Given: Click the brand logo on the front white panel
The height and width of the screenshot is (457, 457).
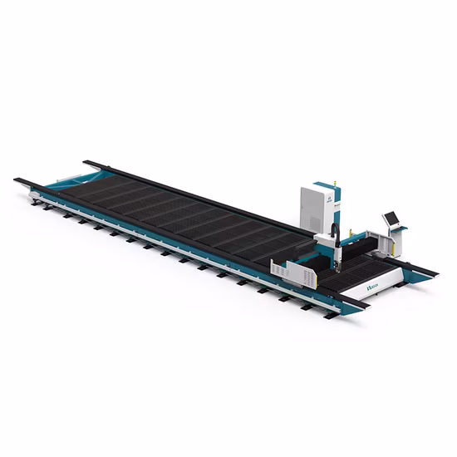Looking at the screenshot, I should pyautogui.click(x=371, y=287).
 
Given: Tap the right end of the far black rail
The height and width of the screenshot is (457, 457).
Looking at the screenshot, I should pyautogui.click(x=436, y=271).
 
